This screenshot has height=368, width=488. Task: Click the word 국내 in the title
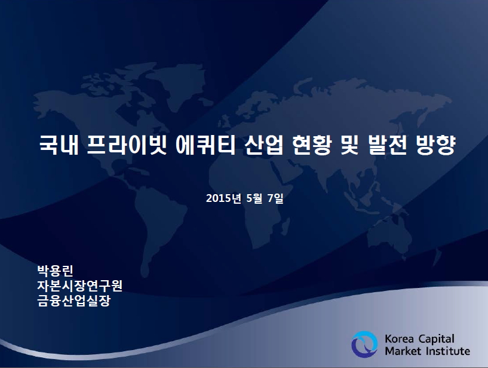[59, 145]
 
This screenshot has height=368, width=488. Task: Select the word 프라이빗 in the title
[127, 145]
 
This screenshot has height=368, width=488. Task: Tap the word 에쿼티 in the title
[205, 145]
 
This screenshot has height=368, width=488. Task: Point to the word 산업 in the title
[264, 145]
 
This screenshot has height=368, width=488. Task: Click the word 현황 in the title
[312, 145]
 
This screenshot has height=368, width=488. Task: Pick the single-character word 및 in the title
[349, 145]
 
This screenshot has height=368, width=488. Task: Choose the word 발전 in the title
[387, 145]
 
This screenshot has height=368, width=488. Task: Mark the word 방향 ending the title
[435, 145]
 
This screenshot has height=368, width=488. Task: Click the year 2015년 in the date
[223, 198]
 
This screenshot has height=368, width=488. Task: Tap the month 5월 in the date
[254, 198]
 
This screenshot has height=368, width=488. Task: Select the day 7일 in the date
[275, 198]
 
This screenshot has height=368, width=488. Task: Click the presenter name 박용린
[56, 271]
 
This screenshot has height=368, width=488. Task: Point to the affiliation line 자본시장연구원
[80, 286]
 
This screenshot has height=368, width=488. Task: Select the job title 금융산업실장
[74, 300]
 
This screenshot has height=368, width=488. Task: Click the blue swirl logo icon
[364, 344]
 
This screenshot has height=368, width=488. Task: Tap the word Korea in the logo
[400, 339]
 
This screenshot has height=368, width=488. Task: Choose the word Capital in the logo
[437, 339]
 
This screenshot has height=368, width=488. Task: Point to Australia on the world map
[389, 237]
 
